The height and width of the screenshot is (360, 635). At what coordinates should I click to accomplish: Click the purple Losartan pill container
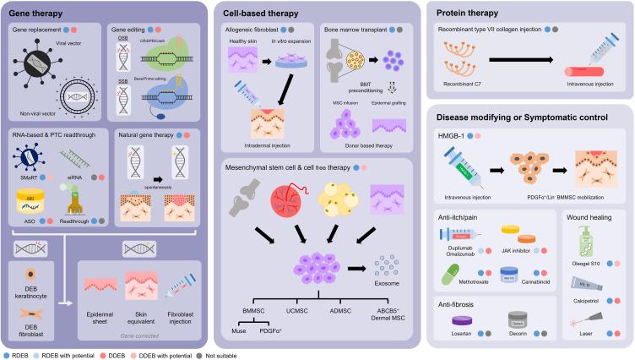pos(466,320)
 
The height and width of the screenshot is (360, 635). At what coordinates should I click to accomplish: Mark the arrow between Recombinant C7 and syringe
pos(530,63)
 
